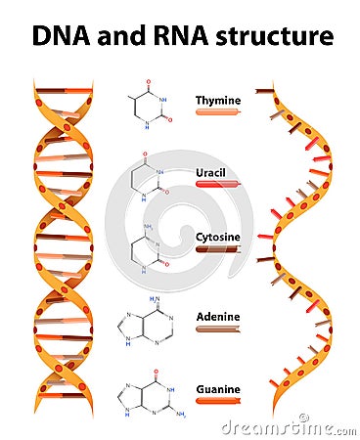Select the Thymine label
click(x=217, y=100)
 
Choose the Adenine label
click(x=218, y=317)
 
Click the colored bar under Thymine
click(x=217, y=112)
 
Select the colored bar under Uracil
click(x=217, y=183)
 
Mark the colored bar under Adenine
click(x=217, y=330)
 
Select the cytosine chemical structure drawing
click(x=146, y=244)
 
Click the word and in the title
click(x=113, y=36)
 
